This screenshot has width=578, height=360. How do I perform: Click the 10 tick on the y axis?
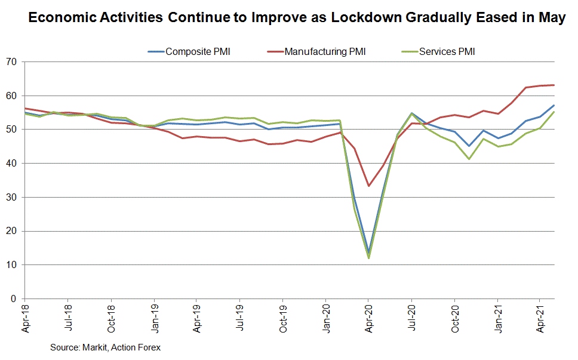point(11,265)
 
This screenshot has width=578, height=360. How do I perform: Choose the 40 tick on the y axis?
point(11,164)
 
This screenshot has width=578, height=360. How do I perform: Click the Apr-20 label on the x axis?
point(368,320)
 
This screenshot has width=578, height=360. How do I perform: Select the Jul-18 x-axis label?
point(67,319)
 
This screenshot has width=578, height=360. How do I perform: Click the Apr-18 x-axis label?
point(24,320)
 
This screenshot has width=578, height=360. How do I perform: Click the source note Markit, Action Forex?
point(106,347)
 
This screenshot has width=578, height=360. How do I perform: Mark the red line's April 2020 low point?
point(368,186)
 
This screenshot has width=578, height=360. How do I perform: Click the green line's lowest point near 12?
point(368,258)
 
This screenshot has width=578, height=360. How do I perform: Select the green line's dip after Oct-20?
point(469,159)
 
